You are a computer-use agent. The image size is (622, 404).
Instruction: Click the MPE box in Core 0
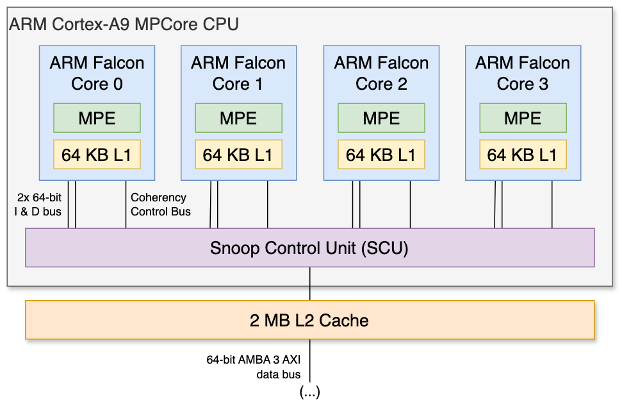(x=97, y=118)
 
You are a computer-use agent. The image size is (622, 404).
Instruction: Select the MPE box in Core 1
(x=238, y=118)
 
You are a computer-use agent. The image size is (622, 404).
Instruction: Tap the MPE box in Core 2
(x=381, y=118)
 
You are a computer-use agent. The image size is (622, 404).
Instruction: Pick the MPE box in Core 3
(x=523, y=118)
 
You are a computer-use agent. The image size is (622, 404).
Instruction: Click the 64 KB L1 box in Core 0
(x=97, y=155)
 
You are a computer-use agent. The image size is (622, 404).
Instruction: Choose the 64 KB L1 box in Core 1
(x=238, y=155)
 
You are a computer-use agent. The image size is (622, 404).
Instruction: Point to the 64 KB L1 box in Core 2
(x=381, y=155)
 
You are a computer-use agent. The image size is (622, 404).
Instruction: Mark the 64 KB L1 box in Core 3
(x=523, y=155)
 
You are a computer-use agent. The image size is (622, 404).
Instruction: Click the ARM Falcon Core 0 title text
(x=97, y=73)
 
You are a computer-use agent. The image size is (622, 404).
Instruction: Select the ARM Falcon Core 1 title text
(x=238, y=73)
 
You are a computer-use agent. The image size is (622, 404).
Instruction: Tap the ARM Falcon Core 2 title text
(x=381, y=73)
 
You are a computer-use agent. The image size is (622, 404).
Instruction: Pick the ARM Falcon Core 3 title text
(x=523, y=73)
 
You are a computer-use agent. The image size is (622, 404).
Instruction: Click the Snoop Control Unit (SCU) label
(x=309, y=248)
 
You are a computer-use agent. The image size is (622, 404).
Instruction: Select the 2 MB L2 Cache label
(x=309, y=320)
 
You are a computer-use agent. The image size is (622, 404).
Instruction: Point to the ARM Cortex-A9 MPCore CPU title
(x=124, y=25)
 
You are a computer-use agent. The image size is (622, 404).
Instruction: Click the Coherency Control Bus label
(x=160, y=205)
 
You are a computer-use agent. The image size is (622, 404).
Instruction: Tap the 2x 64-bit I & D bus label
(x=38, y=205)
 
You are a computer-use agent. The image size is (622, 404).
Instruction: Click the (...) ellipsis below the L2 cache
(x=310, y=392)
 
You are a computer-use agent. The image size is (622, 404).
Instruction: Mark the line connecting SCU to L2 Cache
(x=311, y=283)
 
